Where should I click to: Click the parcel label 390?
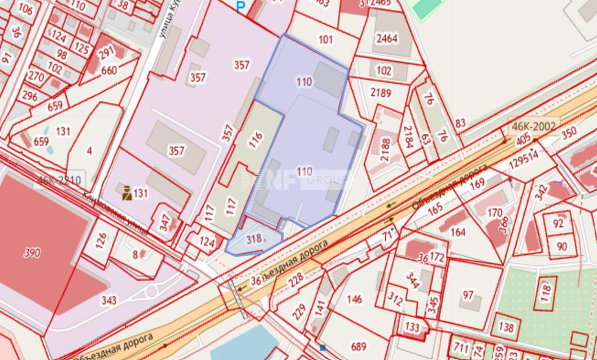tap(32, 253)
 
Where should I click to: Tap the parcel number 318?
tap(254, 239)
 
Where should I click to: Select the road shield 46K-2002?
tap(534, 125)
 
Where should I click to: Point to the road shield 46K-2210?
tap(59, 181)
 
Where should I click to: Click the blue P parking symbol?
tap(241, 7)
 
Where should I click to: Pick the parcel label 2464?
tap(387, 38)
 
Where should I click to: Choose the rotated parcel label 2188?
tap(386, 150)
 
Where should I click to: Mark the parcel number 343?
tap(109, 300)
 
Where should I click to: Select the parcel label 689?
tap(359, 346)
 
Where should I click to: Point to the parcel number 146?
tap(355, 299)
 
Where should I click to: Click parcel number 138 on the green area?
tap(506, 327)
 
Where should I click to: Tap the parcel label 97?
tap(468, 295)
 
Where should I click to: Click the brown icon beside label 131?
tap(127, 193)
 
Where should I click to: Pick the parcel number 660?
tap(109, 70)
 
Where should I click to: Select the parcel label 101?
tap(325, 40)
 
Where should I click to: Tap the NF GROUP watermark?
tap(294, 180)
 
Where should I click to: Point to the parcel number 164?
tap(458, 232)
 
